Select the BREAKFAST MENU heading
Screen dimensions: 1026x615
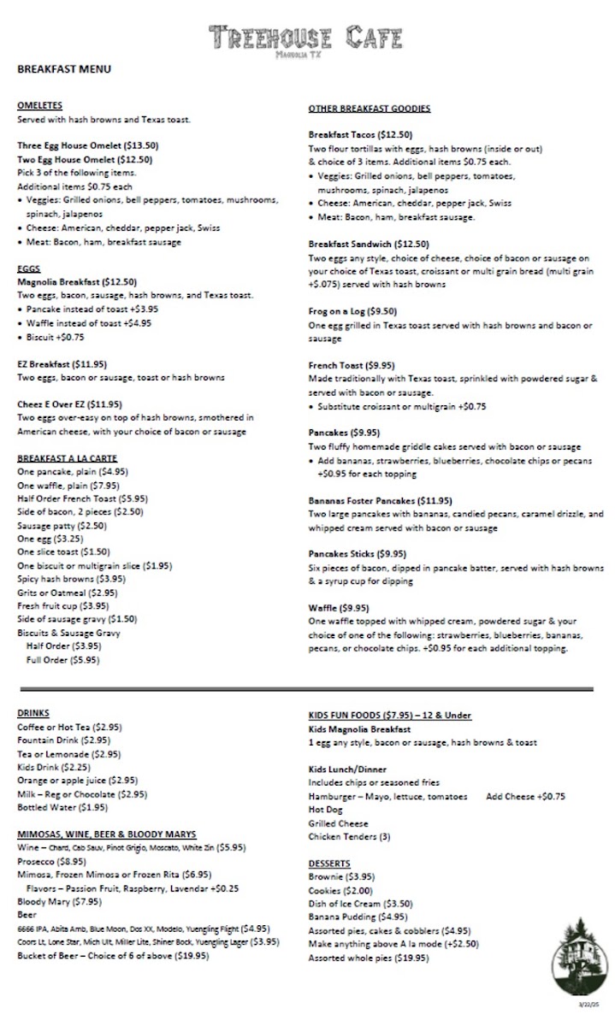[64, 69]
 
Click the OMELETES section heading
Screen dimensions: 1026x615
[39, 105]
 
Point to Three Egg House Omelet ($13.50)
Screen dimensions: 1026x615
[87, 145]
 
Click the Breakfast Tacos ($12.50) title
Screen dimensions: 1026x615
[360, 134]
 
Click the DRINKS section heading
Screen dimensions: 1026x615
[33, 713]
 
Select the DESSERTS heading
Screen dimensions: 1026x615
[329, 864]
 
